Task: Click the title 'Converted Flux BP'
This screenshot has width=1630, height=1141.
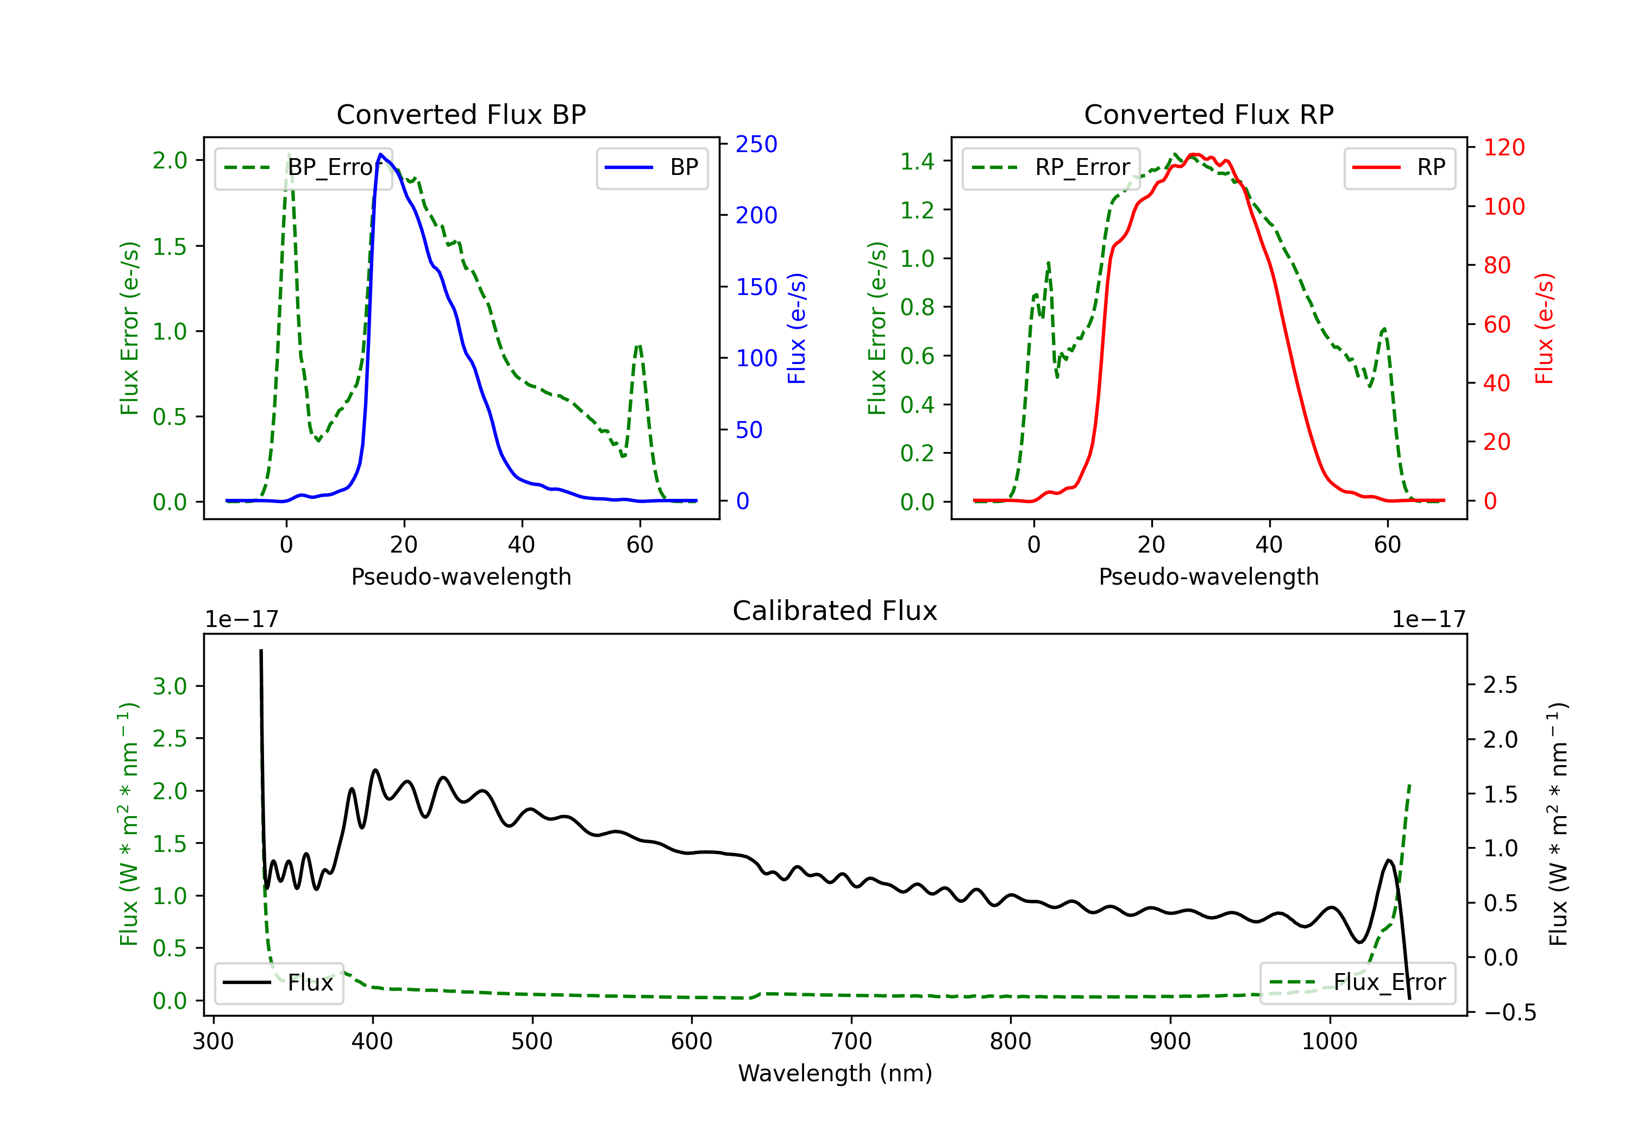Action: [x=461, y=114]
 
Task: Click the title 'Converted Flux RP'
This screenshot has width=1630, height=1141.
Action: [x=1208, y=114]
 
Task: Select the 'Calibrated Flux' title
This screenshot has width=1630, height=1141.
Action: [x=835, y=611]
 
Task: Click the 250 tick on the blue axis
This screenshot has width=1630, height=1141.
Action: [x=756, y=144]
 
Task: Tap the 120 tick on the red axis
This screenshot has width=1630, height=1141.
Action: [x=1503, y=147]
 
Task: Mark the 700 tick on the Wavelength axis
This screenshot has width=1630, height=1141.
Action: [x=851, y=1041]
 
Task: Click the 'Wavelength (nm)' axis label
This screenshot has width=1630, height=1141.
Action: [x=835, y=1073]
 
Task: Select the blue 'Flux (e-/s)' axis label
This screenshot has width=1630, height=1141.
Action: [x=797, y=328]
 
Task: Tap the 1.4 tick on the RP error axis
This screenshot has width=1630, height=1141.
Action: [x=917, y=161]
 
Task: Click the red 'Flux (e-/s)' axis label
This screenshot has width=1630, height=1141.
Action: [x=1544, y=328]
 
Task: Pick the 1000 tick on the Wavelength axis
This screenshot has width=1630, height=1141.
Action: [x=1330, y=1041]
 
